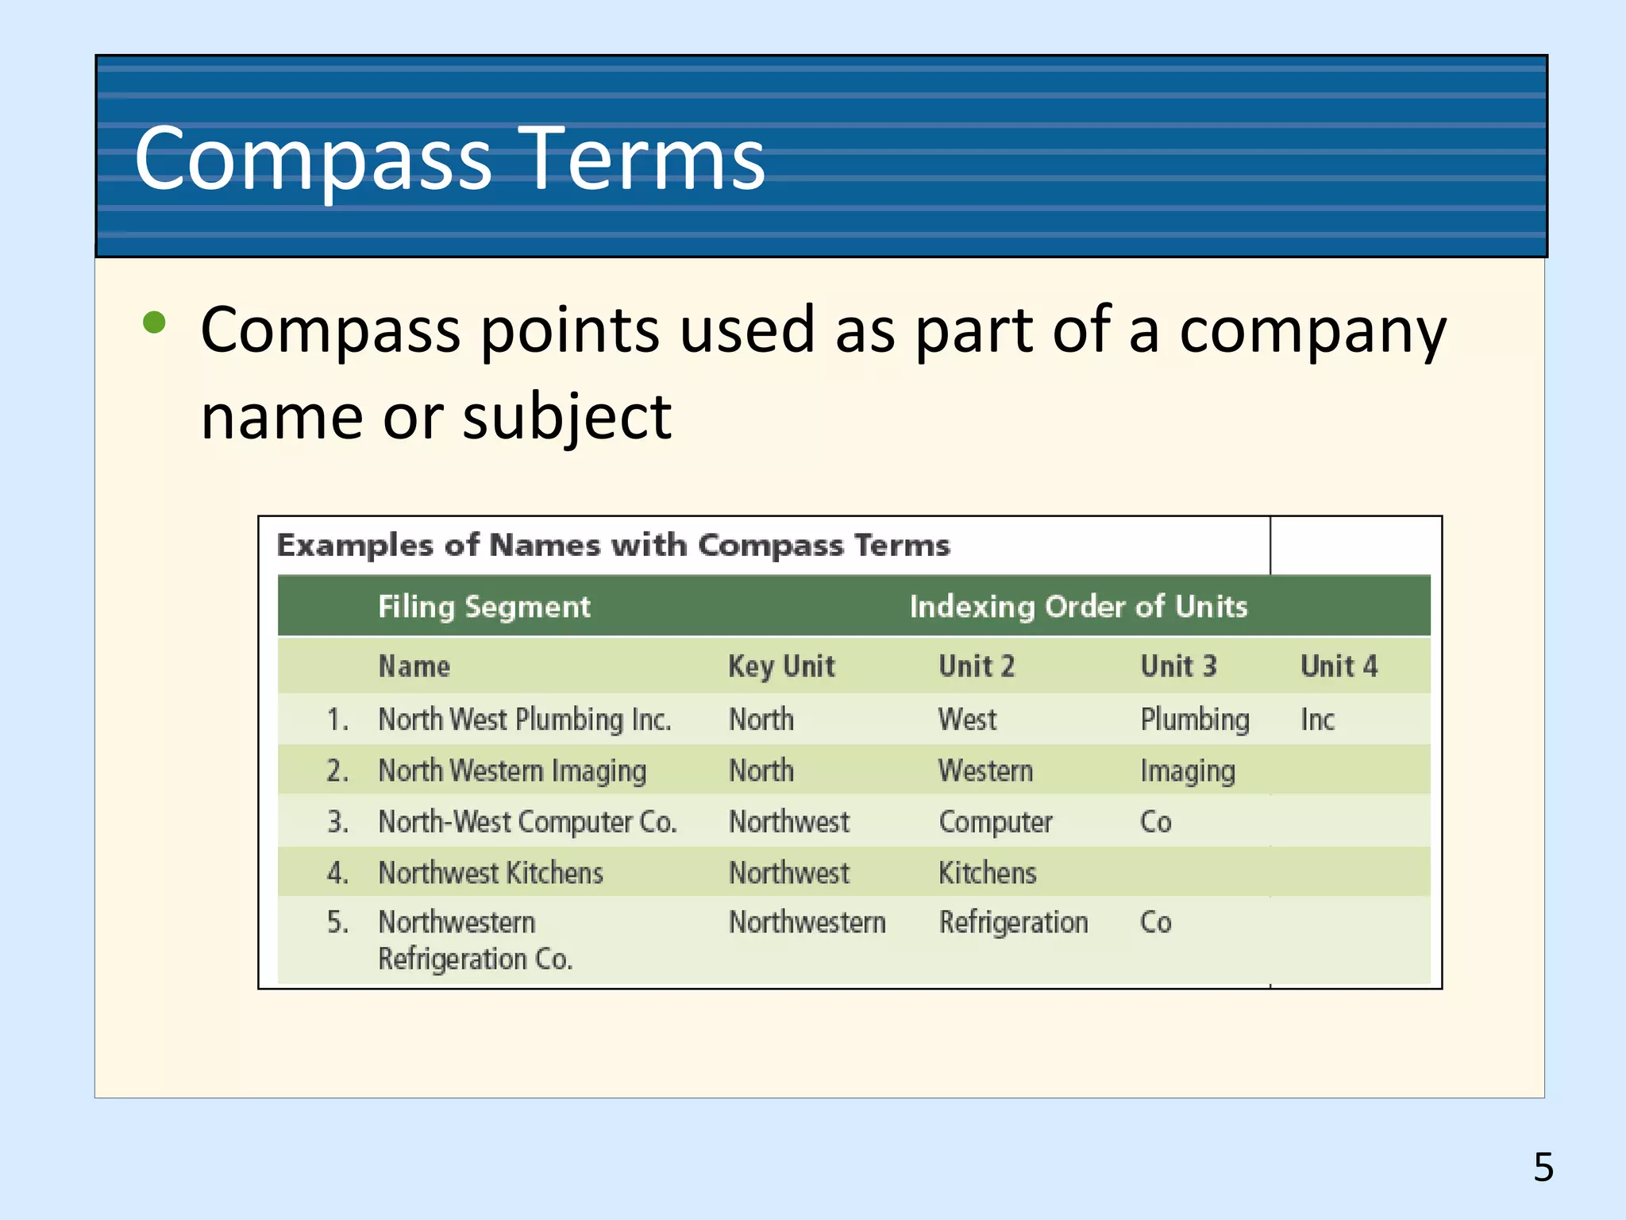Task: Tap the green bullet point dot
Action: (154, 322)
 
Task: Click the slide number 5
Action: (1543, 1167)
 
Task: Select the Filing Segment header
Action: (484, 607)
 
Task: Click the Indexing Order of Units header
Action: (1078, 607)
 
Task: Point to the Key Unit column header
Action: (781, 666)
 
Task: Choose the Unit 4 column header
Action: (1339, 666)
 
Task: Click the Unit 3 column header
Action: (1178, 666)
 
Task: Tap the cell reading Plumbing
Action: (1195, 720)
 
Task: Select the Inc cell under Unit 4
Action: (1317, 720)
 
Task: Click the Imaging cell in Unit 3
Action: (1188, 770)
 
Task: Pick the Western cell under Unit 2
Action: (985, 770)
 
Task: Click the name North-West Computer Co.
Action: (527, 821)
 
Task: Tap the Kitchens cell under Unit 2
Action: (988, 873)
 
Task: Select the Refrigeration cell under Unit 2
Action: (1013, 922)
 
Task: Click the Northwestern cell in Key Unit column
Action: (807, 922)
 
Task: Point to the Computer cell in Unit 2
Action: (996, 821)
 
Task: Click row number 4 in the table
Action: (337, 873)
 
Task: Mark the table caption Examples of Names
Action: (613, 546)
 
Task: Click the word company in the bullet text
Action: (1312, 330)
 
